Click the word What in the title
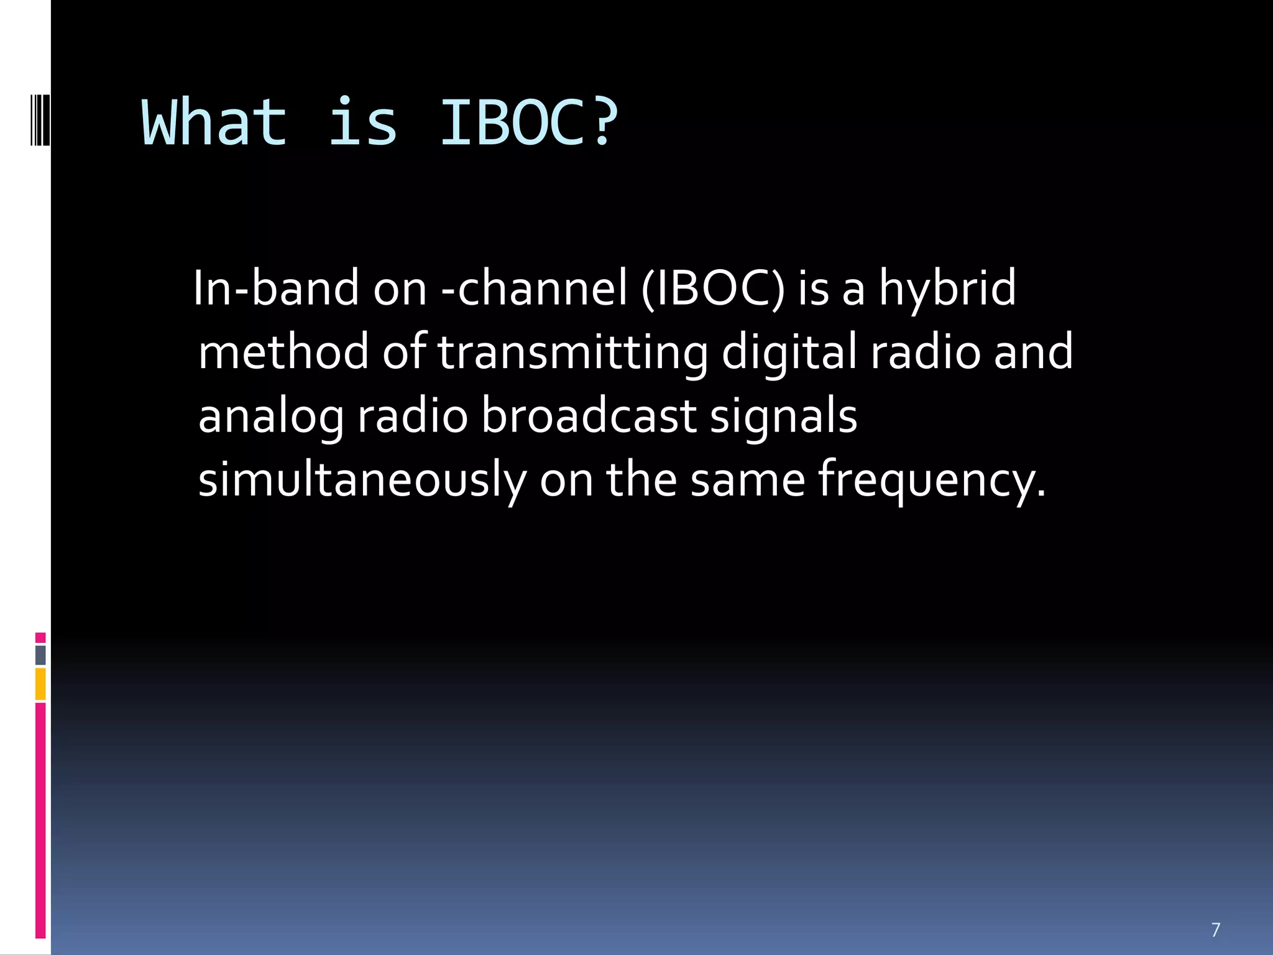click(x=214, y=122)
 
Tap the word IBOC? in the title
click(x=529, y=122)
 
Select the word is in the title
click(x=362, y=122)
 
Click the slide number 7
click(x=1215, y=930)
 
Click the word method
click(x=283, y=351)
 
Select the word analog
click(x=271, y=417)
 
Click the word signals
click(x=783, y=417)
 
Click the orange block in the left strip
click(x=40, y=684)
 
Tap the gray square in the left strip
click(x=40, y=655)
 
